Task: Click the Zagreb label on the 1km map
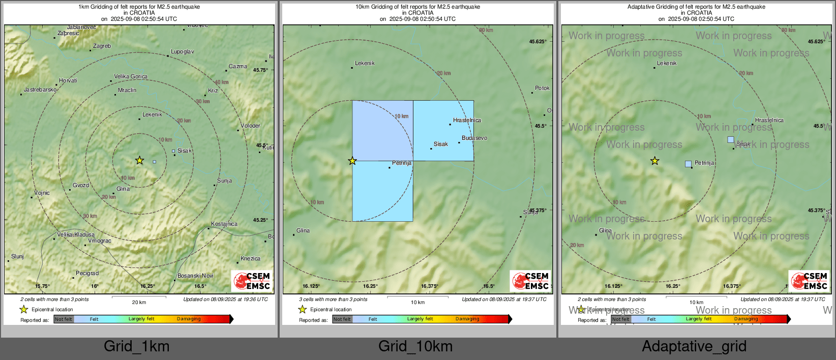(x=102, y=46)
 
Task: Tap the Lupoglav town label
(x=182, y=52)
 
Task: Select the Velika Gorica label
(x=131, y=77)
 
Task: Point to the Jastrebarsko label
(x=40, y=90)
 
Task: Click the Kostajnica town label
(x=224, y=224)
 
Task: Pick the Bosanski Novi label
(x=195, y=276)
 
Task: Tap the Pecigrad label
(x=87, y=274)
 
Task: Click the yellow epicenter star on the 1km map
(x=139, y=161)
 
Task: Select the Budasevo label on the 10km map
(x=474, y=138)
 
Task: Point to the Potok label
(x=542, y=88)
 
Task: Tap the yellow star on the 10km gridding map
(x=352, y=161)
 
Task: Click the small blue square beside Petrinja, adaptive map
(x=688, y=164)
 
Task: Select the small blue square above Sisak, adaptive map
(x=731, y=139)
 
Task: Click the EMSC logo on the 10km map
(x=530, y=281)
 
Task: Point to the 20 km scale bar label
(x=139, y=303)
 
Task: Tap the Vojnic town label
(x=42, y=193)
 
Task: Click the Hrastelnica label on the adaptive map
(x=769, y=121)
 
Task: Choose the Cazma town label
(x=237, y=67)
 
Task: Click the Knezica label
(x=250, y=259)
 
